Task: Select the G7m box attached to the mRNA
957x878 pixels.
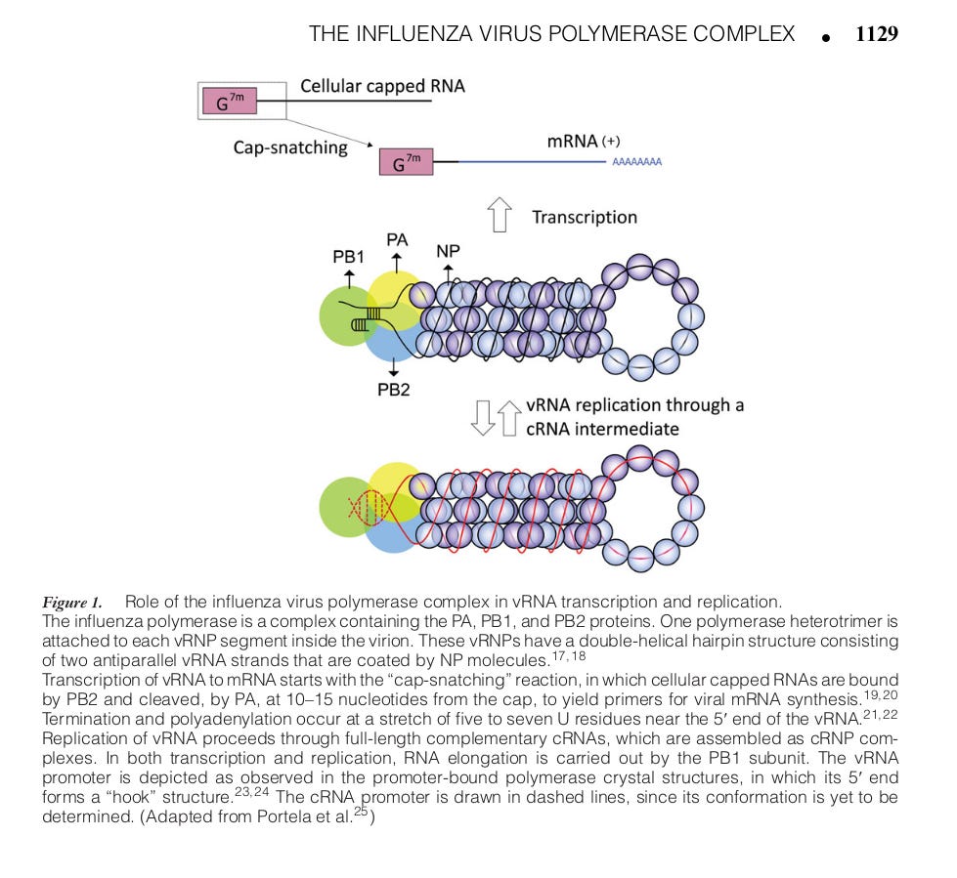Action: coord(406,161)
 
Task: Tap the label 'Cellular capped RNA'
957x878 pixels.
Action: coord(382,86)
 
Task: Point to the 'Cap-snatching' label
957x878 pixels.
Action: coord(289,147)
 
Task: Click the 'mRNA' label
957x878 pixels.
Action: coord(572,142)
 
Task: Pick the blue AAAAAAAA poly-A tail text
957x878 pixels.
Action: coord(636,163)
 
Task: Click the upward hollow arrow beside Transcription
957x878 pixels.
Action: coord(500,215)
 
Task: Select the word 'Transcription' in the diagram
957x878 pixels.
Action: coord(584,217)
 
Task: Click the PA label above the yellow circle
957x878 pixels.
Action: coord(397,239)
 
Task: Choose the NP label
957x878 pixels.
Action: coord(448,251)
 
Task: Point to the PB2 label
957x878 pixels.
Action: coord(393,391)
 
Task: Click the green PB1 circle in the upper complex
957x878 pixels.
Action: coord(344,317)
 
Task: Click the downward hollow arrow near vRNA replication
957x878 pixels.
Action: coord(481,417)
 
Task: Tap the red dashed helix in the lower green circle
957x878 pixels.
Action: coord(365,506)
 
